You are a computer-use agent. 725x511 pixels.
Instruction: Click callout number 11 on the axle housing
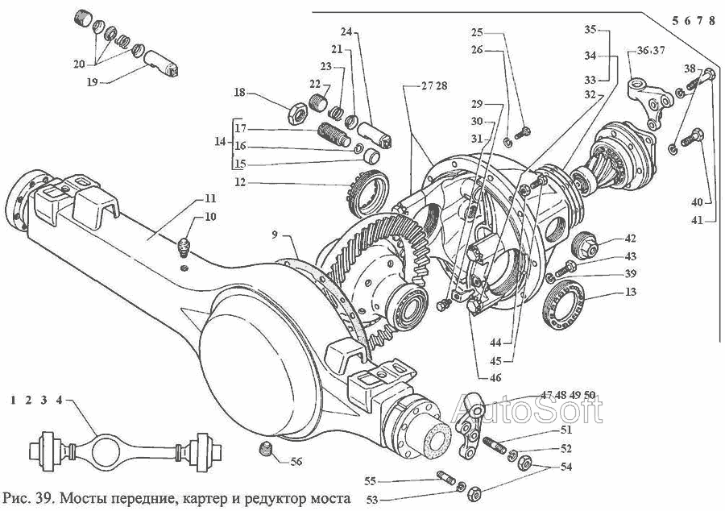[x=209, y=197]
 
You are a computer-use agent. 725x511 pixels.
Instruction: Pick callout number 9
[x=275, y=235]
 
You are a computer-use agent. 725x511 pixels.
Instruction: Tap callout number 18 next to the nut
[x=239, y=93]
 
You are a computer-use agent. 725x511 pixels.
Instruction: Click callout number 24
[x=346, y=32]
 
